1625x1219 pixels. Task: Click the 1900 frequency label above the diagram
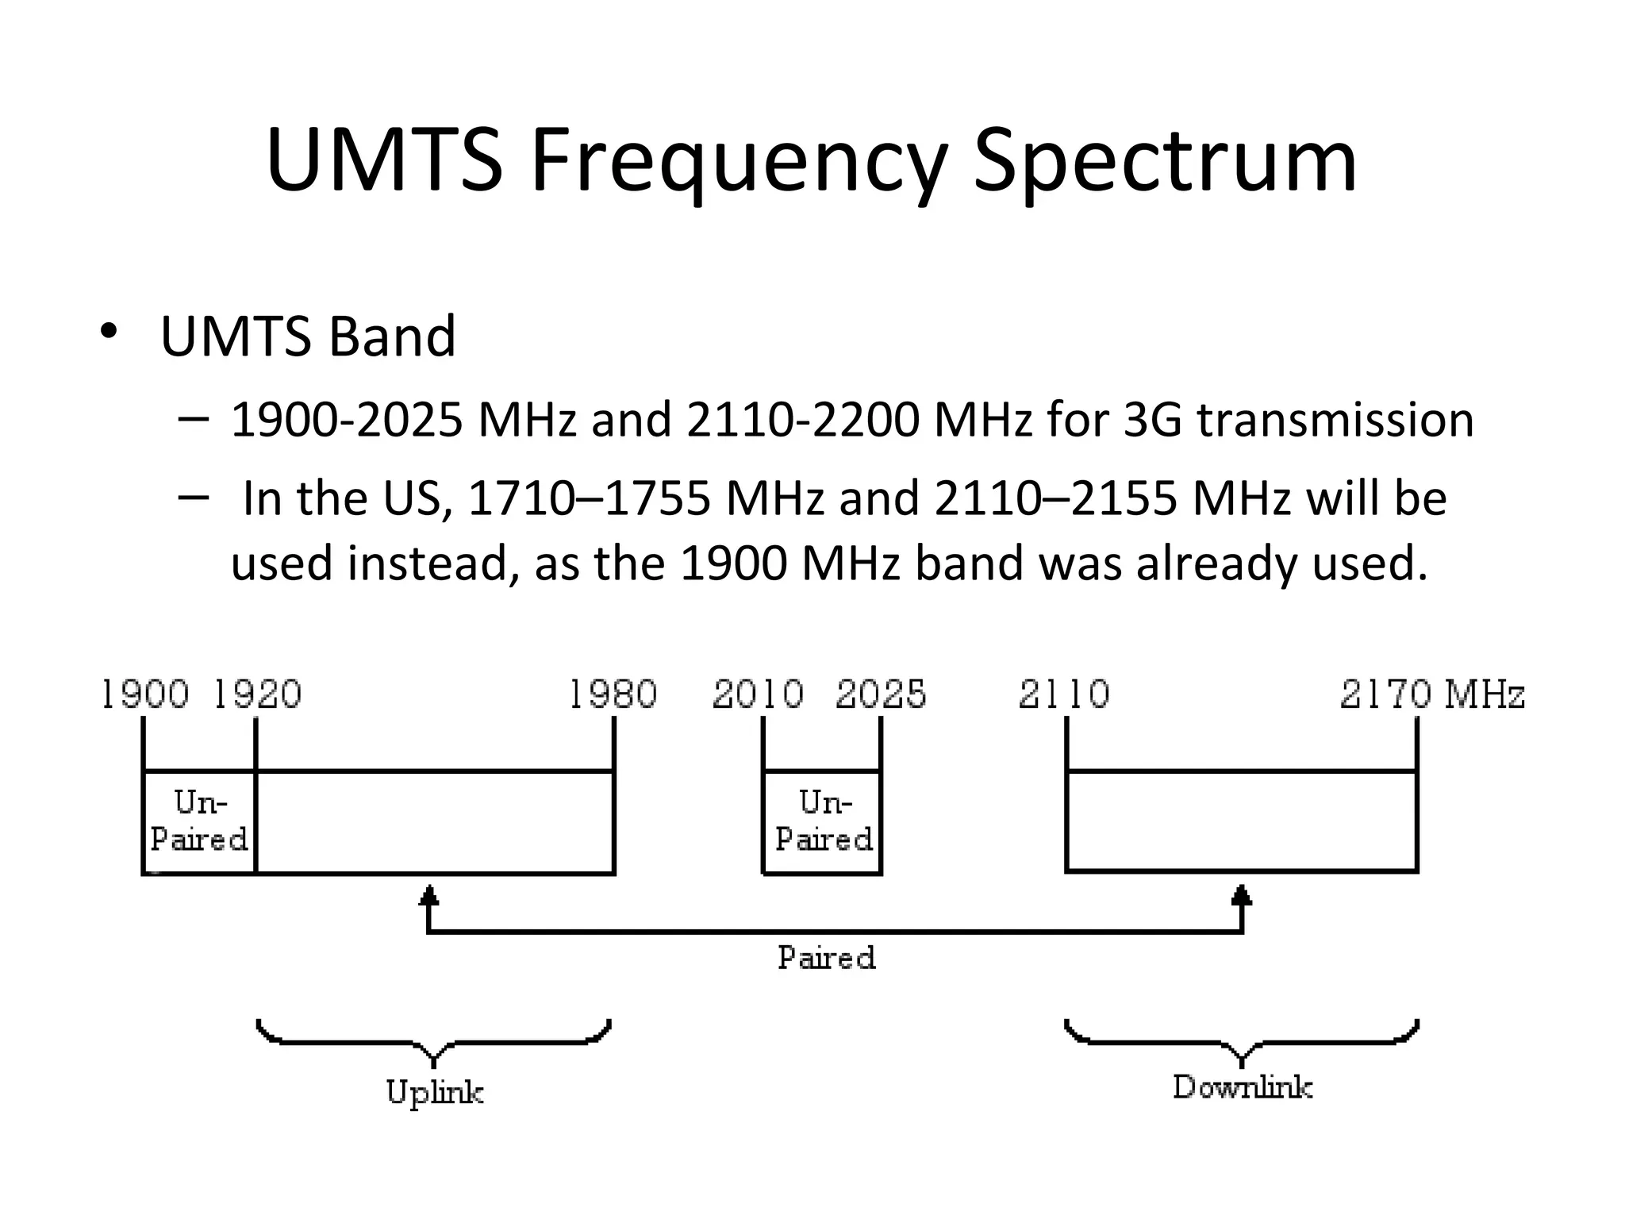145,694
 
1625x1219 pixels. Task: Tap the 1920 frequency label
258,694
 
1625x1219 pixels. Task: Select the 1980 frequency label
613,694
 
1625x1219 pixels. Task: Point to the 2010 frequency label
758,694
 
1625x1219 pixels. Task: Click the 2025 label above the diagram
881,694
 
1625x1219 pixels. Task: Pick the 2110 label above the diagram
1064,694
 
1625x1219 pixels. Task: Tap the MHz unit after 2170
1484,694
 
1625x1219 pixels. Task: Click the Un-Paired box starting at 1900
199,821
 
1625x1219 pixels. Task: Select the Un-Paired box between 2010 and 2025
823,821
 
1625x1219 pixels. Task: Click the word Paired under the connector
826,958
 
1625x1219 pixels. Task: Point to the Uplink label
435,1093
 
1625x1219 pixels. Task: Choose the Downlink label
1243,1087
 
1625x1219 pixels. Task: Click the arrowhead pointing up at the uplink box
428,896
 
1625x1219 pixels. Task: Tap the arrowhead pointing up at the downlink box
1242,896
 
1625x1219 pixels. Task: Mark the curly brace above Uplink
434,1040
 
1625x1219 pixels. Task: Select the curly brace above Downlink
1242,1040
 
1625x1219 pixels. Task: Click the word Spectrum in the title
1165,163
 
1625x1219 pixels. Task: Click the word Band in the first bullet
392,336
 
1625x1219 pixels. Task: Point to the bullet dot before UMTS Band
109,331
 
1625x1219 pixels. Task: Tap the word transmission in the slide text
1335,420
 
